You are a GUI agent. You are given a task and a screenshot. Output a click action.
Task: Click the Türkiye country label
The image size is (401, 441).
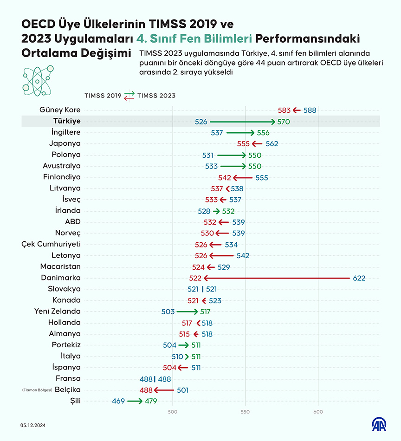pos(67,121)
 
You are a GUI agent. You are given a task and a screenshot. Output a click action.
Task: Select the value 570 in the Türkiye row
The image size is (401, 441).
pos(284,122)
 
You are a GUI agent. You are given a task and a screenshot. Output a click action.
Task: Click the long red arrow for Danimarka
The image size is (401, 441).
pos(277,278)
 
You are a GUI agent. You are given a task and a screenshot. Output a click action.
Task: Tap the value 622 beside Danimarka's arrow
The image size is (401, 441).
pos(359,278)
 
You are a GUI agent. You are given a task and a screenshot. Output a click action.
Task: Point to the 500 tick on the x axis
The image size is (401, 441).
pos(173,411)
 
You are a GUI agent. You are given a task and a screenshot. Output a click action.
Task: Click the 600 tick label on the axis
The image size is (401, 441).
pos(318,411)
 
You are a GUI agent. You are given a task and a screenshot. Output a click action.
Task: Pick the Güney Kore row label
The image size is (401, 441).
pos(60,110)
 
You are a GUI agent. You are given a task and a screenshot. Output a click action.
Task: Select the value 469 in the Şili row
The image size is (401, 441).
pos(118,401)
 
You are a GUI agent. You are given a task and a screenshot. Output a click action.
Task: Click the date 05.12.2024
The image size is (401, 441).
pos(33,425)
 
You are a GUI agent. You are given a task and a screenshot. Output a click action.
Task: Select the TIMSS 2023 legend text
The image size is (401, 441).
pos(156,96)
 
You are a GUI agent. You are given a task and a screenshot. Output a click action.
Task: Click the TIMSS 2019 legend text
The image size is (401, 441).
pos(103,96)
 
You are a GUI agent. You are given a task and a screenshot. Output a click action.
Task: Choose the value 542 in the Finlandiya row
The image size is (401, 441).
pos(225,177)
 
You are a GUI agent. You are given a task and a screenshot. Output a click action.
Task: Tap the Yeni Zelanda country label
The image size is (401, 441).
pos(58,311)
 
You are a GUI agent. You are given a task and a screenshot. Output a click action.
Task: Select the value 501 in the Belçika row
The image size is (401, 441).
pos(182,390)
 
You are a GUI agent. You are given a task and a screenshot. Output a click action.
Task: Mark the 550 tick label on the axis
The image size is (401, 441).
pos(246,411)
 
